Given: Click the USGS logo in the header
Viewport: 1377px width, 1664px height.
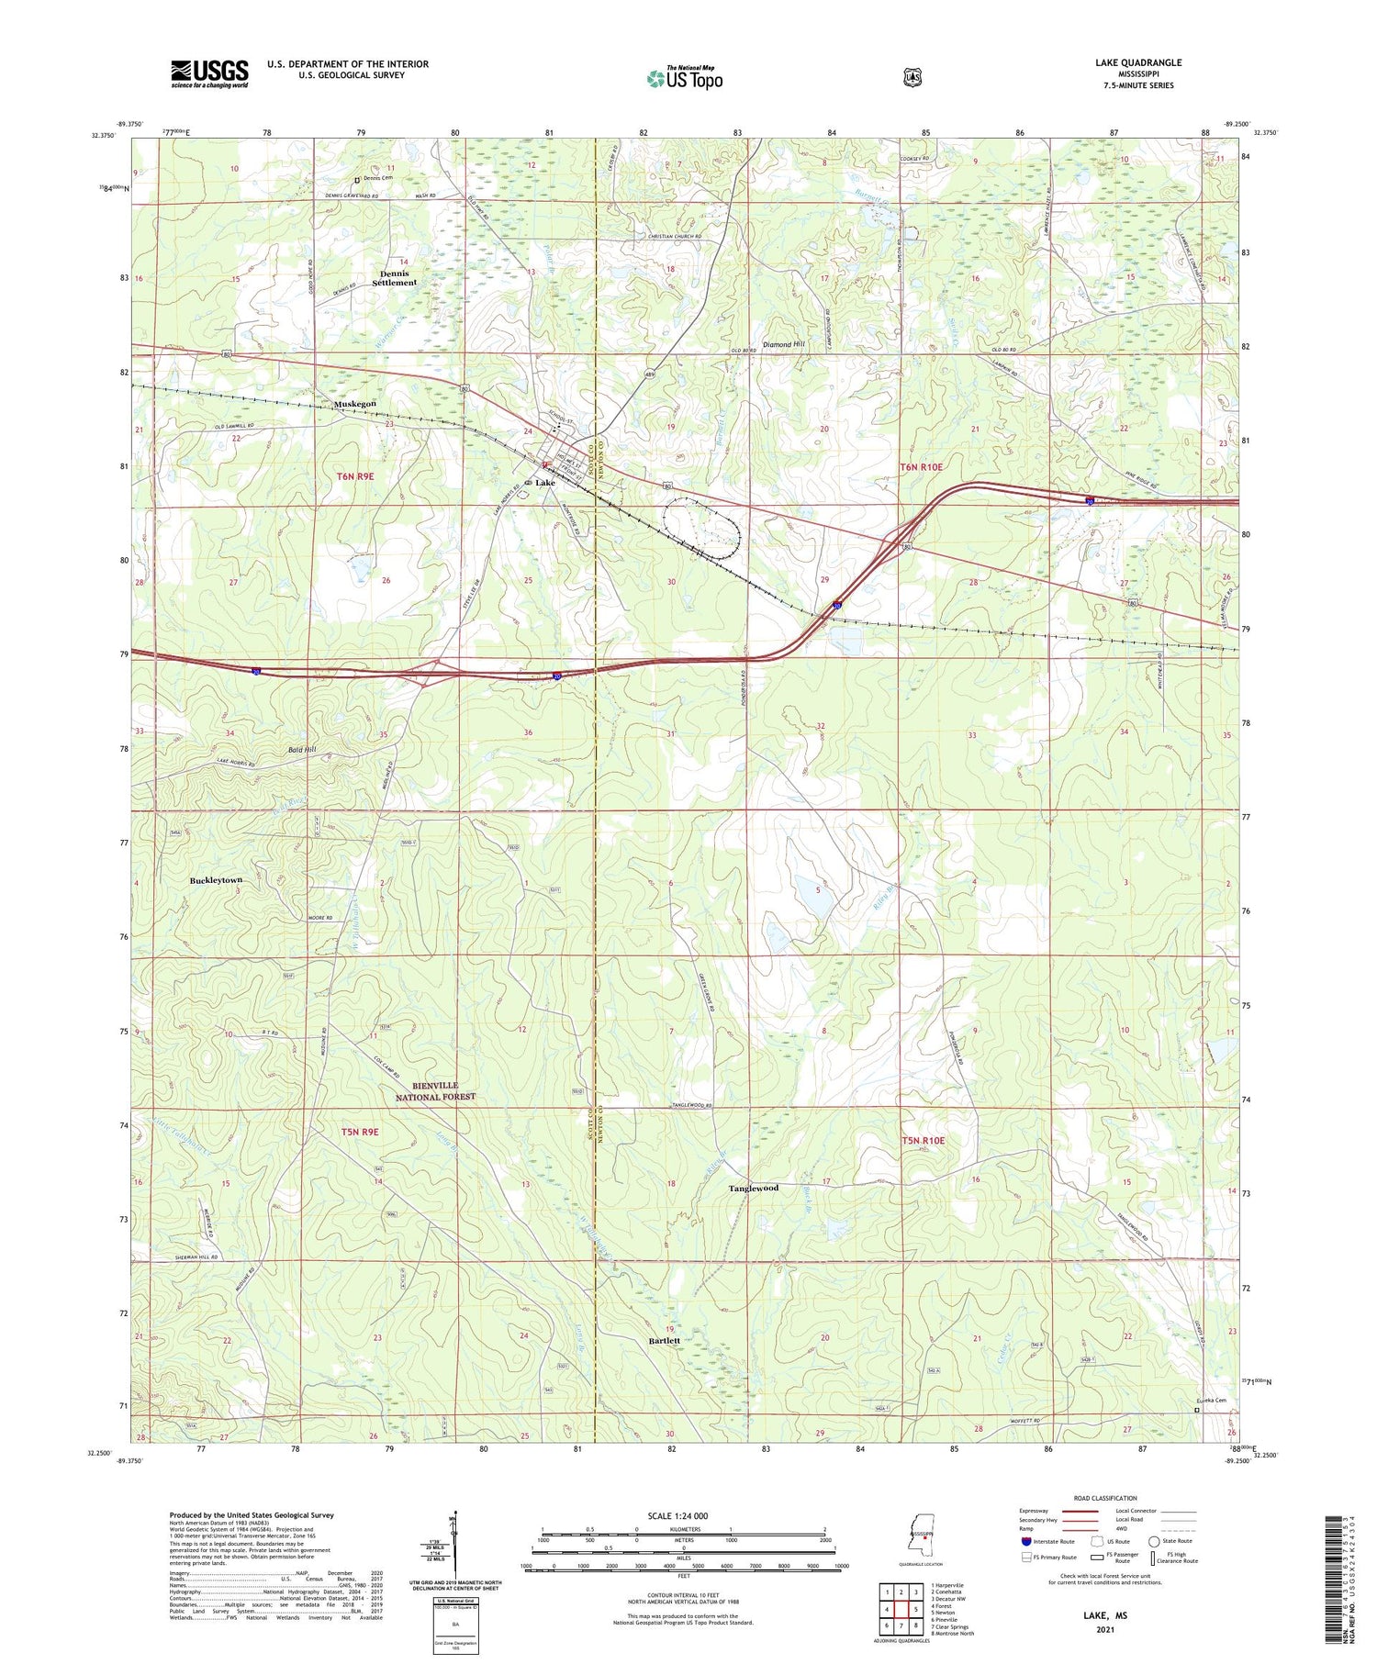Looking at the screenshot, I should tap(209, 73).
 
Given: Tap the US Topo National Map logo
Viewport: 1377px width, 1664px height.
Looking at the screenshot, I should tap(685, 78).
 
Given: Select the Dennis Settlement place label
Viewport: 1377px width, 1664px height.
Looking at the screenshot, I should tap(394, 278).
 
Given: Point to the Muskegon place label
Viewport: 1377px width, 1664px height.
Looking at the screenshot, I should tap(355, 404).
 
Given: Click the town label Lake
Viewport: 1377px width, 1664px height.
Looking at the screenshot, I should tap(545, 483).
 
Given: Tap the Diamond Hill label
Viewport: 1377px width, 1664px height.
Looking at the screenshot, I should tap(783, 344).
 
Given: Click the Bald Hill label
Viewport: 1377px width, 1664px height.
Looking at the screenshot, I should tap(301, 750).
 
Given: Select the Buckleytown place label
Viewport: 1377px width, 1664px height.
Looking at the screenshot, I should tap(216, 880).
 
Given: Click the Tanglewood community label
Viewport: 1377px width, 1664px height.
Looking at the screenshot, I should tap(753, 1188).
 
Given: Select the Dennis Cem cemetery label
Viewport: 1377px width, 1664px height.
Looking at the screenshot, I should tap(376, 178).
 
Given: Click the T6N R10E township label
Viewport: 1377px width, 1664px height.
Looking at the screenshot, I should tap(921, 467).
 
